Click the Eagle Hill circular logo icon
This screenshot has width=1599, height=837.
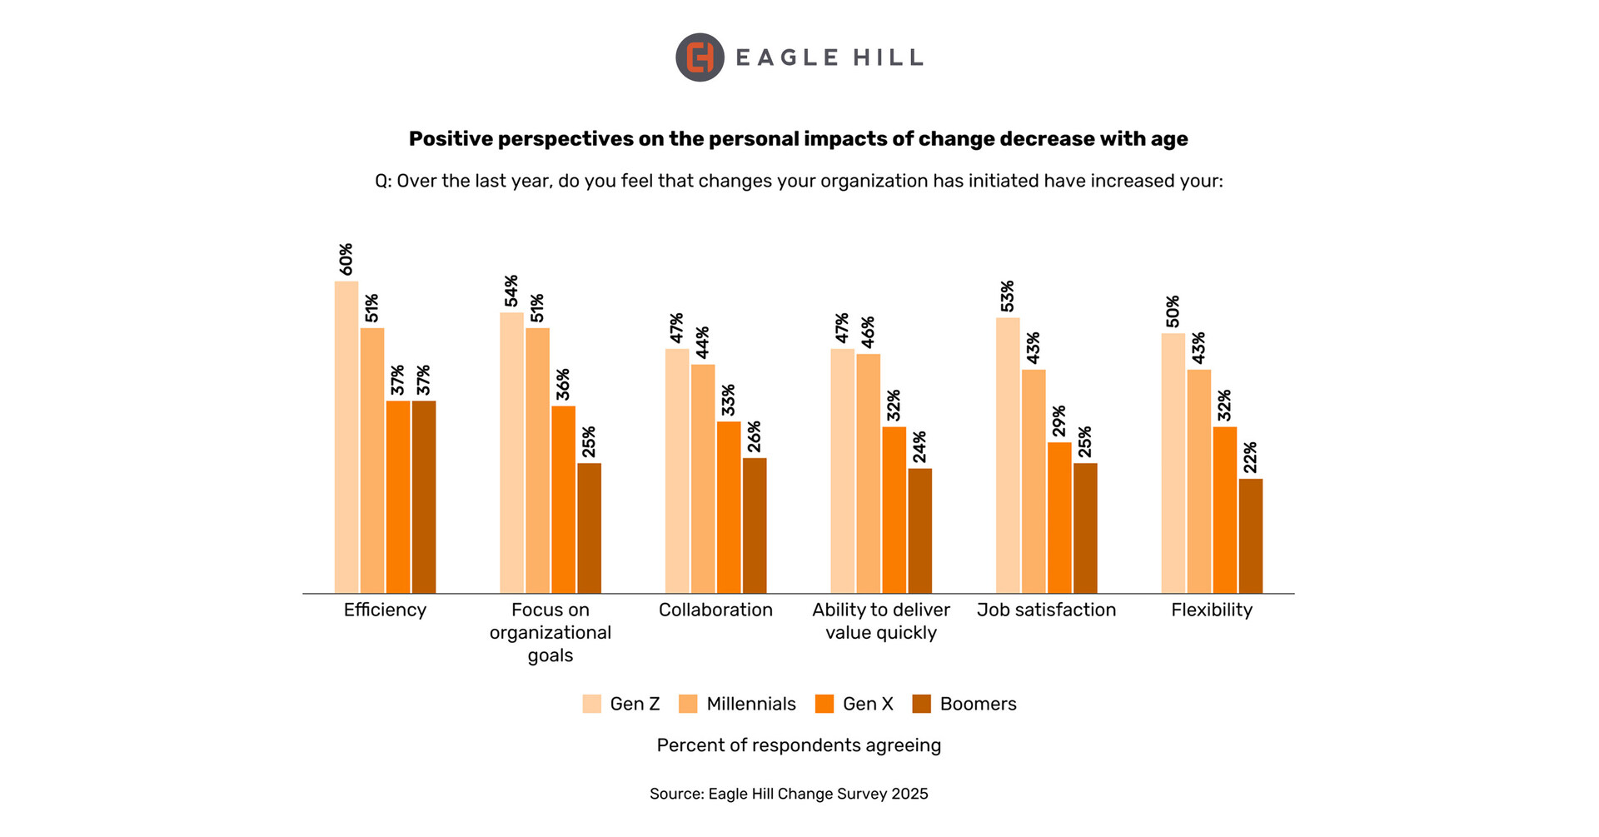click(700, 57)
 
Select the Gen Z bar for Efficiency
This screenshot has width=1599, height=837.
click(346, 437)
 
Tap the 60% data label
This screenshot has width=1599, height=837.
click(346, 259)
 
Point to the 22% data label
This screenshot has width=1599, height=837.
click(1250, 457)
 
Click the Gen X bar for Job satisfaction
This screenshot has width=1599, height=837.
click(1059, 517)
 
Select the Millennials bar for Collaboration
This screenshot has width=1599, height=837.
click(703, 478)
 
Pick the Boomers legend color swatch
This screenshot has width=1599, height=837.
click(921, 704)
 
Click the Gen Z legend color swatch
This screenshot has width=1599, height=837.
click(591, 704)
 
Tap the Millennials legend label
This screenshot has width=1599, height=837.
click(750, 704)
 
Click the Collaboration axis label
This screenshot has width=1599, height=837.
click(715, 610)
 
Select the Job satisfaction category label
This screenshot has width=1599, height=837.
click(1046, 610)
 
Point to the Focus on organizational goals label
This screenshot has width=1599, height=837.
click(550, 632)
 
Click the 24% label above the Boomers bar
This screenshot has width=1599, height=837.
click(919, 447)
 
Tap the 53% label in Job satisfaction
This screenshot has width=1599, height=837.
click(1008, 296)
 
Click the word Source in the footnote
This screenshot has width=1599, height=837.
click(675, 794)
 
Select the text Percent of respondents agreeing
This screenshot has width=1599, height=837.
click(799, 745)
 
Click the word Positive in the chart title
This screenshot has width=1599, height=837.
click(451, 139)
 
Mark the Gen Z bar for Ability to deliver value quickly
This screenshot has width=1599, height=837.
click(842, 471)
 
